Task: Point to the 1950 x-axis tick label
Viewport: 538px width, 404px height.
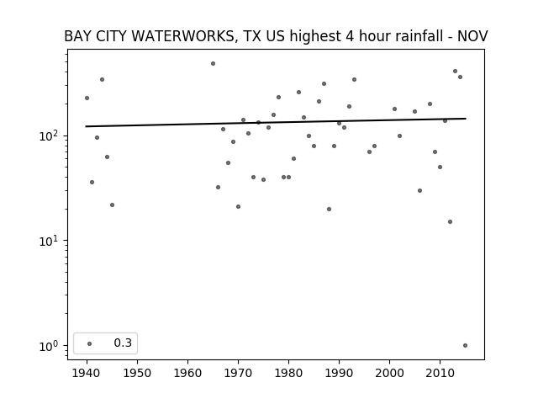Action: pos(137,373)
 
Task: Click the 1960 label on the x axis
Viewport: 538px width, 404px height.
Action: pos(187,373)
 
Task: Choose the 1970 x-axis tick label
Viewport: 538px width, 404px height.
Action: pos(238,373)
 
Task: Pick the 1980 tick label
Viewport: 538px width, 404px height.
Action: pos(288,373)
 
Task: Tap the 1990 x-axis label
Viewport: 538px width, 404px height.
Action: pos(339,373)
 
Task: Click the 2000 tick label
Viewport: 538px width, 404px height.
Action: pos(389,373)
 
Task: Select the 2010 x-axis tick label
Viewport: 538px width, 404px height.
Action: pos(440,373)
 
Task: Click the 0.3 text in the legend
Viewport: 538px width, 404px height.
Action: pos(123,343)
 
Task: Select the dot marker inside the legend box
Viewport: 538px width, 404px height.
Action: pos(90,343)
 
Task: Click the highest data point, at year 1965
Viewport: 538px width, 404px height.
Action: pos(213,64)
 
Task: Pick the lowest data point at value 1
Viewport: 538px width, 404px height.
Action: pos(465,346)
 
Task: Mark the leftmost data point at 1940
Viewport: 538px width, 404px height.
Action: pos(87,98)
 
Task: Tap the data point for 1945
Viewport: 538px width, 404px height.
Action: pos(112,205)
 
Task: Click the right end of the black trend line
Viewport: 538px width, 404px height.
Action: pos(466,119)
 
